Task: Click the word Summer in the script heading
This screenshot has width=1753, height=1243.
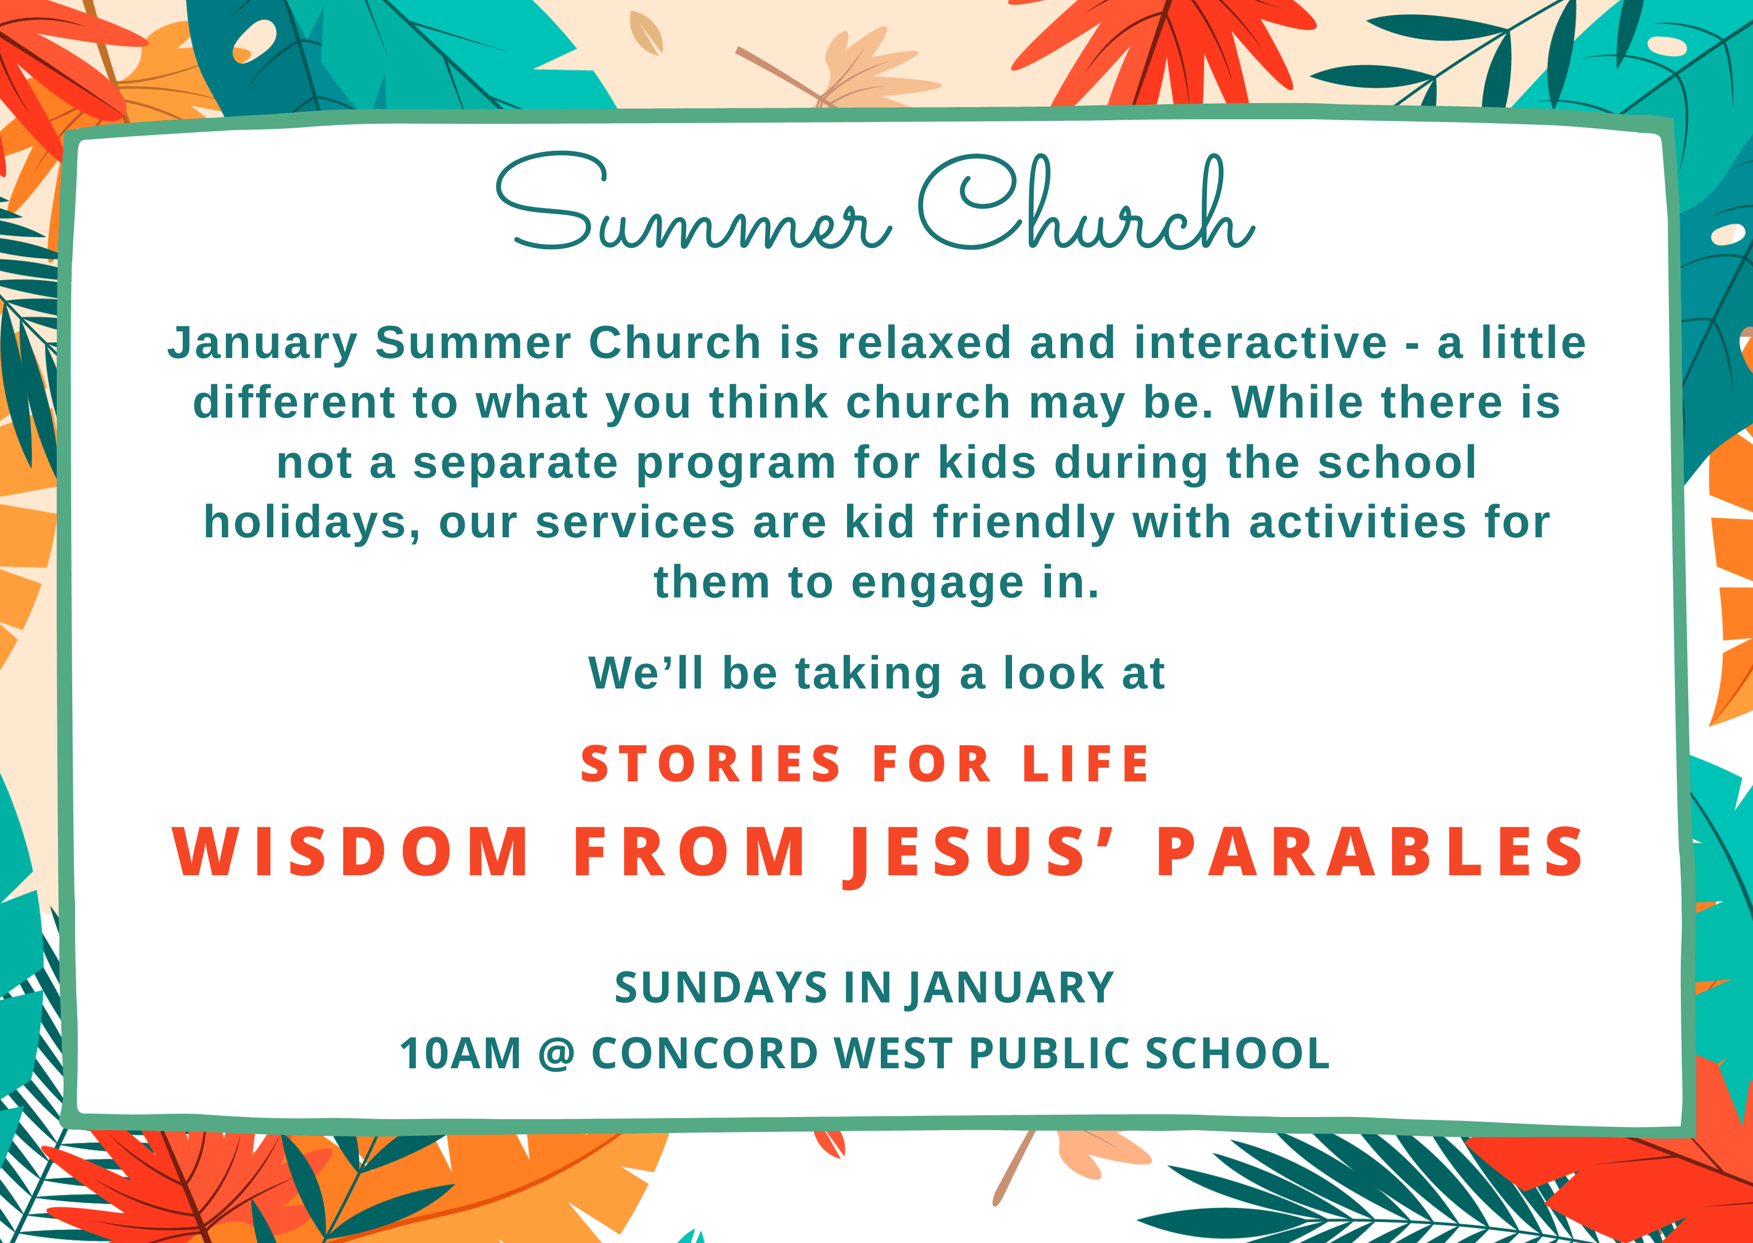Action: pyautogui.click(x=693, y=202)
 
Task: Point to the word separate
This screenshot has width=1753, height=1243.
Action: pyautogui.click(x=516, y=462)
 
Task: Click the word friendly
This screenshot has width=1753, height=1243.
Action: pyautogui.click(x=1023, y=523)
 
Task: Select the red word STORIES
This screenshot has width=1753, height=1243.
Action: pyautogui.click(x=711, y=764)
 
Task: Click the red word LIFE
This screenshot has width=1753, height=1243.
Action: pyautogui.click(x=1085, y=764)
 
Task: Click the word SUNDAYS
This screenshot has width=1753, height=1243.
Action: pyautogui.click(x=721, y=988)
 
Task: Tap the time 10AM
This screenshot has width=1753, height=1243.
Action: pyautogui.click(x=461, y=1053)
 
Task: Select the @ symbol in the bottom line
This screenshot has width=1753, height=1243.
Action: pyautogui.click(x=556, y=1055)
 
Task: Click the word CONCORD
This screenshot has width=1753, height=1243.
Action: pyautogui.click(x=705, y=1053)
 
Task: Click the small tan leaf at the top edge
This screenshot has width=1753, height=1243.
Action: pyautogui.click(x=645, y=32)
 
